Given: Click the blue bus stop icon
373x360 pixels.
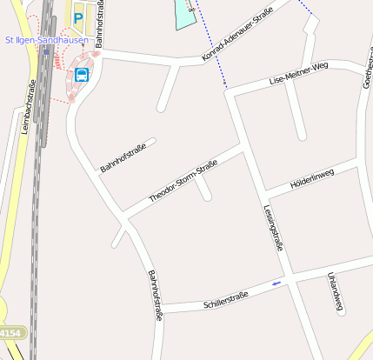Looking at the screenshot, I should point(82,74).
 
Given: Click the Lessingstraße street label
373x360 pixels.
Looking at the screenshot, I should point(273,227).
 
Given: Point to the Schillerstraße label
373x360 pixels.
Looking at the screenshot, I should point(225,300).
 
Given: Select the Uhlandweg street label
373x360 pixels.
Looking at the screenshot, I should point(336,291).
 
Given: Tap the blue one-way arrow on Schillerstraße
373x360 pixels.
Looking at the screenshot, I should point(276,283).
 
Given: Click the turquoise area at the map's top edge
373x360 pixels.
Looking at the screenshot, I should point(185,12).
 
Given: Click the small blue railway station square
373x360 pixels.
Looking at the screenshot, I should point(45,51).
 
